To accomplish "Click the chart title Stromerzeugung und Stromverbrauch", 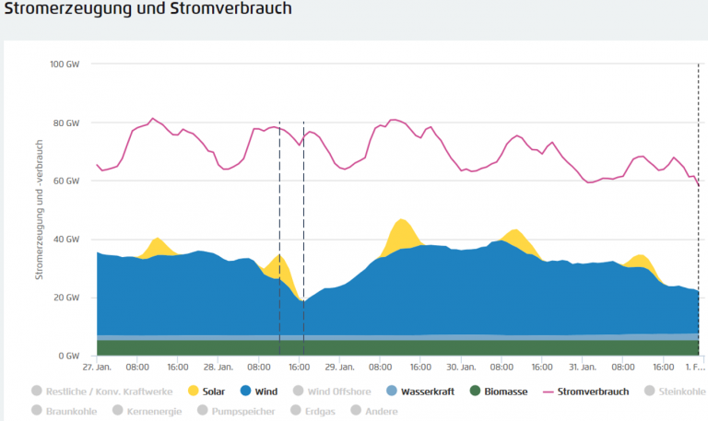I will (x=147, y=11).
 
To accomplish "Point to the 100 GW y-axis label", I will (x=66, y=64).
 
